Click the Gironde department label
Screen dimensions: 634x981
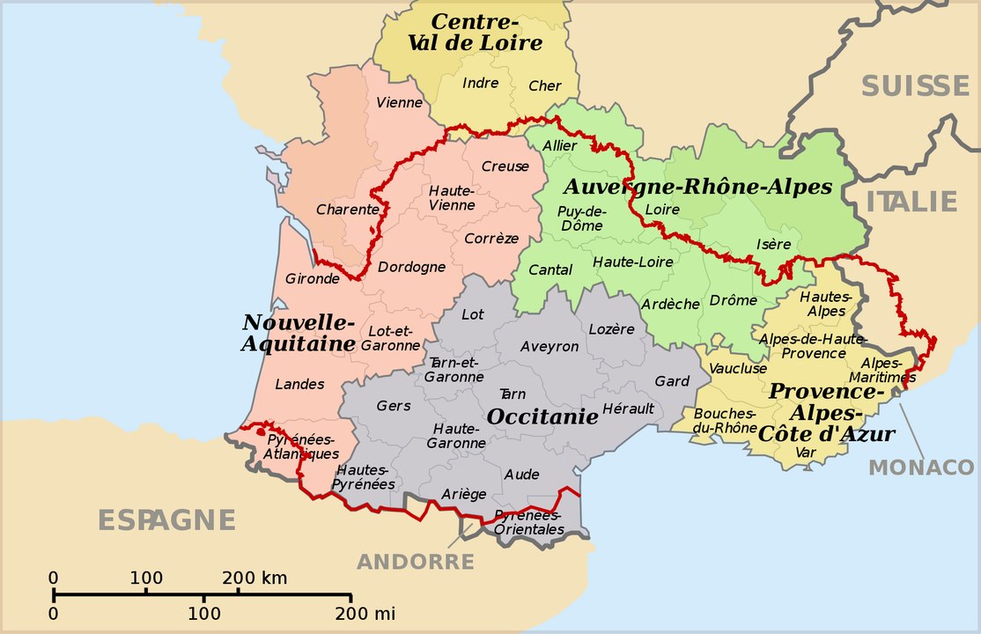pyautogui.click(x=312, y=278)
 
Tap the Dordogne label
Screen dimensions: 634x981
pyautogui.click(x=411, y=267)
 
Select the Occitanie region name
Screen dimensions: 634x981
pyautogui.click(x=542, y=417)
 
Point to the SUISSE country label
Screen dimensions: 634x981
pyautogui.click(x=915, y=86)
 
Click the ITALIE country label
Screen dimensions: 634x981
pyautogui.click(x=911, y=202)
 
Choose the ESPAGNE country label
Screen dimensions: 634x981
pyautogui.click(x=166, y=520)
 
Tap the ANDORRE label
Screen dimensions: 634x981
pyautogui.click(x=416, y=562)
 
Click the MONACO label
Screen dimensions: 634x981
pyautogui.click(x=921, y=467)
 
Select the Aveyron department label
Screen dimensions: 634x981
pyautogui.click(x=550, y=346)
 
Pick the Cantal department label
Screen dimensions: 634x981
pyautogui.click(x=550, y=269)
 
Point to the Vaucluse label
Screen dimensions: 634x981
pyautogui.click(x=737, y=368)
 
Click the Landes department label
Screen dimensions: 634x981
pyautogui.click(x=299, y=384)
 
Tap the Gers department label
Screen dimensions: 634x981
pyautogui.click(x=394, y=405)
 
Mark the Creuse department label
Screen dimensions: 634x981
pyautogui.click(x=505, y=166)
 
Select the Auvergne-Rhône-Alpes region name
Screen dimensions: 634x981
pyautogui.click(x=697, y=187)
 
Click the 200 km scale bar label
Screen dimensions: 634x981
pyautogui.click(x=254, y=579)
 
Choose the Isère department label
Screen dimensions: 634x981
pyautogui.click(x=773, y=244)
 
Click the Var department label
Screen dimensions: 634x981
pyautogui.click(x=805, y=452)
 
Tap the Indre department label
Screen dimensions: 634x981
pyautogui.click(x=480, y=84)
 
